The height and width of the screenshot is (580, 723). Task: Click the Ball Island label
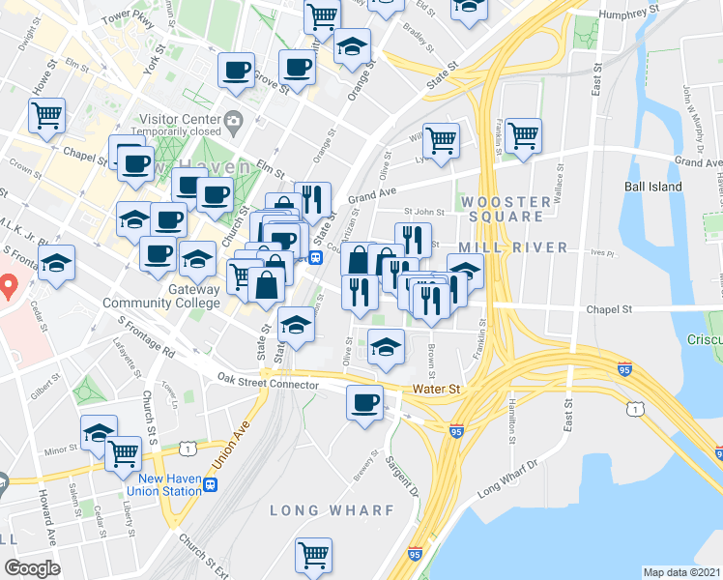[x=652, y=187]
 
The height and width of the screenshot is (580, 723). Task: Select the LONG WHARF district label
[x=332, y=509]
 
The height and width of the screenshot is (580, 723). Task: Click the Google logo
[x=32, y=568]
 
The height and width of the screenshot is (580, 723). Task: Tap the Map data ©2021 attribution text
[x=681, y=572]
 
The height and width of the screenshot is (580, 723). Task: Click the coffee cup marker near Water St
[x=364, y=402]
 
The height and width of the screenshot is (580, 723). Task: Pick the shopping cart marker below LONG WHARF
[x=314, y=555]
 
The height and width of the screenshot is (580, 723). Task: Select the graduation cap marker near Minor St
[x=99, y=432]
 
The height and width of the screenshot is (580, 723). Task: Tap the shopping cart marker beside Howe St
[x=46, y=116]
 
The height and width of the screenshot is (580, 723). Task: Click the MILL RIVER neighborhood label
[x=527, y=247]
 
